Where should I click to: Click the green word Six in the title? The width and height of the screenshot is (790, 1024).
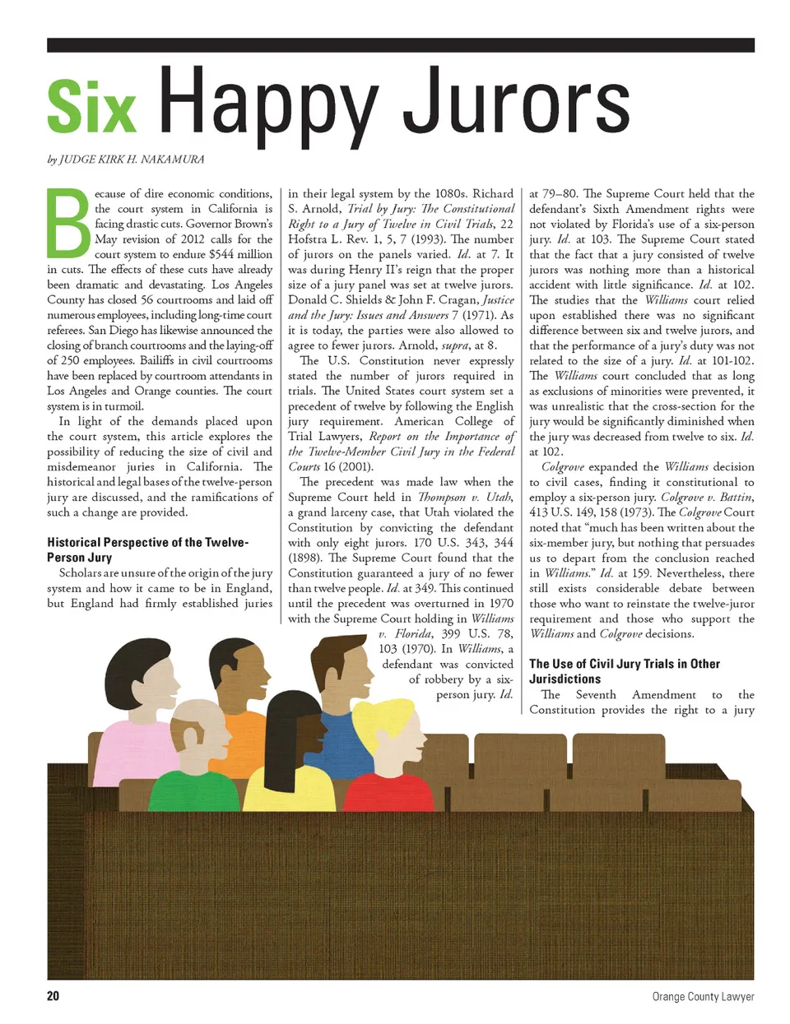[x=91, y=107]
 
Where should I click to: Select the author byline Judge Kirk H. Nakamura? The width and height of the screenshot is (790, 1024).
[x=126, y=160]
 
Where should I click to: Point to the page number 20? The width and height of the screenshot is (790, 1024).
[x=53, y=996]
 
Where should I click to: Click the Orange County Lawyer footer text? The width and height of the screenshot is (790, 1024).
[x=703, y=996]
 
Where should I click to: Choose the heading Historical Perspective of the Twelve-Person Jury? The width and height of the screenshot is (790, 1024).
[x=147, y=549]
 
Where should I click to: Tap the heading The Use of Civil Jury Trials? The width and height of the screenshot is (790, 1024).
[x=624, y=671]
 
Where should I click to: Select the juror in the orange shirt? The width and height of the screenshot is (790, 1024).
[x=239, y=707]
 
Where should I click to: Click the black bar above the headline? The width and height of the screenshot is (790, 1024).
[x=400, y=44]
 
